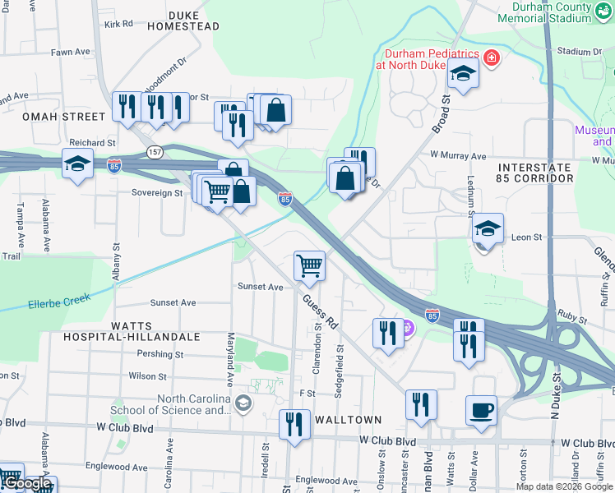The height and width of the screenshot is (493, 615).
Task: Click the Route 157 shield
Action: [x=155, y=152]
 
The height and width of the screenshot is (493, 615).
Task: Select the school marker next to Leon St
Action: [x=488, y=228]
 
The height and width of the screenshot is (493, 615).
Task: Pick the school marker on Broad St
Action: [x=463, y=74]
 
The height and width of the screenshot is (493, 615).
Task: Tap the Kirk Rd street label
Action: [x=118, y=24]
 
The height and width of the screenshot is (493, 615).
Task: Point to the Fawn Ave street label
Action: [x=70, y=52]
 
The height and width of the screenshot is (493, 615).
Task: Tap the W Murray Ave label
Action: [x=458, y=155]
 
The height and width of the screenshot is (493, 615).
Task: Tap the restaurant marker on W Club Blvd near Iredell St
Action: [x=294, y=424]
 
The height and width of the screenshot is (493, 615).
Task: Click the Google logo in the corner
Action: [x=26, y=484]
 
